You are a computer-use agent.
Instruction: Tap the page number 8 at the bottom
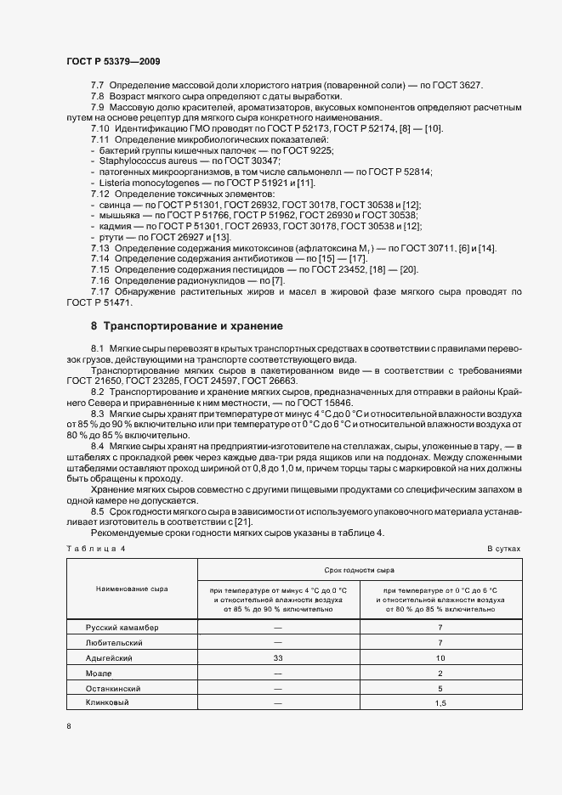tap(69, 726)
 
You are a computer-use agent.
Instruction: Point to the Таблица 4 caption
tap(95, 549)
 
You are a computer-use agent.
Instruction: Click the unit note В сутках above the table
tap(503, 549)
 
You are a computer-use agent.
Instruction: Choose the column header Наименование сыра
tap(132, 588)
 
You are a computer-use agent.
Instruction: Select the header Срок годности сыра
tap(359, 570)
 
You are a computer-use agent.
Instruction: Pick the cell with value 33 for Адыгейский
tap(278, 657)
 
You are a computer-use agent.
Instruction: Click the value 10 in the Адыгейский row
tap(440, 657)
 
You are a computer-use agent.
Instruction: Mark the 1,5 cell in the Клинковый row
tap(440, 703)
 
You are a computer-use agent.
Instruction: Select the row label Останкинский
tap(113, 688)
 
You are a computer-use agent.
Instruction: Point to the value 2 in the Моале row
tap(440, 673)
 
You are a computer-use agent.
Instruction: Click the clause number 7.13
tap(100, 246)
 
